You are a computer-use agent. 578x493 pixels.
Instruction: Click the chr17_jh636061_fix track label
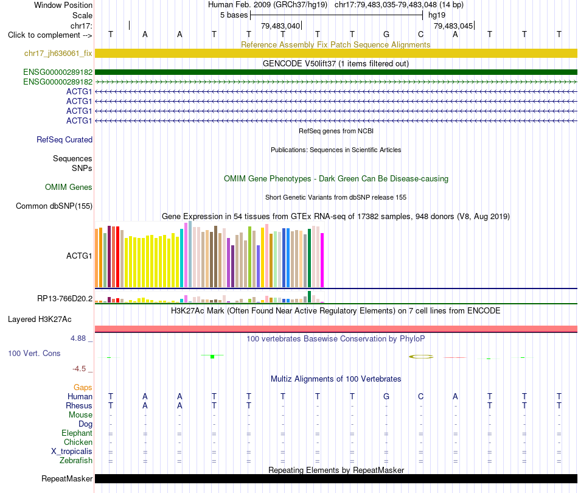58,54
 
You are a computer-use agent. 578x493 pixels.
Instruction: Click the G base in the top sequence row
386,34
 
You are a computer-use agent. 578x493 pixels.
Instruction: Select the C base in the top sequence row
420,34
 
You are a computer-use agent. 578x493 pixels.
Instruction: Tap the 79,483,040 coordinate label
280,26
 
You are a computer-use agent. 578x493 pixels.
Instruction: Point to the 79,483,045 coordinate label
453,26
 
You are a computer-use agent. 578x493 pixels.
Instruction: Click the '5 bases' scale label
234,15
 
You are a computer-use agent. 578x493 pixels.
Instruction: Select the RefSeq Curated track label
64,140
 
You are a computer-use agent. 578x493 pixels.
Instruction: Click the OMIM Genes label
69,187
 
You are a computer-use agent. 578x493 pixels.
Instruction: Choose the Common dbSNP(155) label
54,206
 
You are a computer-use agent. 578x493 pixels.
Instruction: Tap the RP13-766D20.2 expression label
65,299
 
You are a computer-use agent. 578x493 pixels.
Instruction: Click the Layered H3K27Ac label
40,320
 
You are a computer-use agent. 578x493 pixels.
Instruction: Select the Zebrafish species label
76,461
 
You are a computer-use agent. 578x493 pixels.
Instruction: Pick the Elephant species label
77,433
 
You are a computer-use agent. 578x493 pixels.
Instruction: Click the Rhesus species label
79,405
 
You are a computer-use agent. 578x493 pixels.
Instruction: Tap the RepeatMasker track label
67,478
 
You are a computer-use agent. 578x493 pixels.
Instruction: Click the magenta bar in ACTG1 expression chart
322,260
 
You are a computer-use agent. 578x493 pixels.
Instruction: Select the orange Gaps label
83,388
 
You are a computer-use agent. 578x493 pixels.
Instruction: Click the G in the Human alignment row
386,396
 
